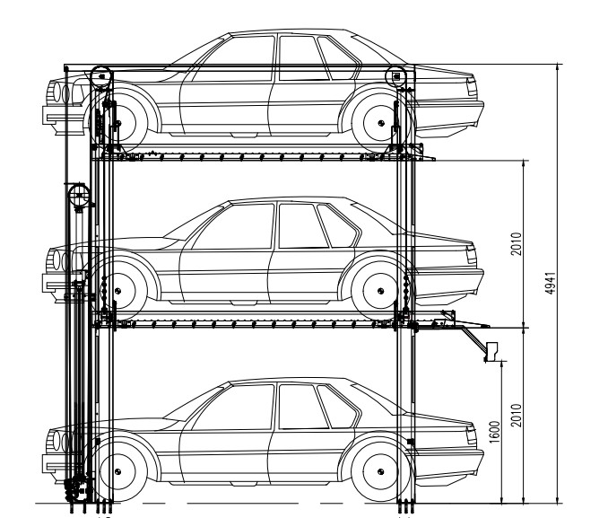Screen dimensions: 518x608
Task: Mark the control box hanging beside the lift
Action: coord(491,350)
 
